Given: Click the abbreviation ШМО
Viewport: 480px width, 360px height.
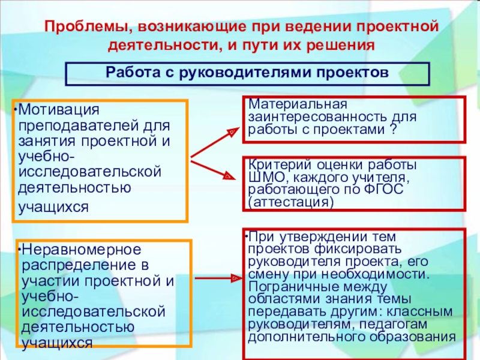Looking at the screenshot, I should [x=263, y=177].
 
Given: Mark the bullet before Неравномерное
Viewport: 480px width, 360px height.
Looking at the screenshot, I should [x=19, y=248].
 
